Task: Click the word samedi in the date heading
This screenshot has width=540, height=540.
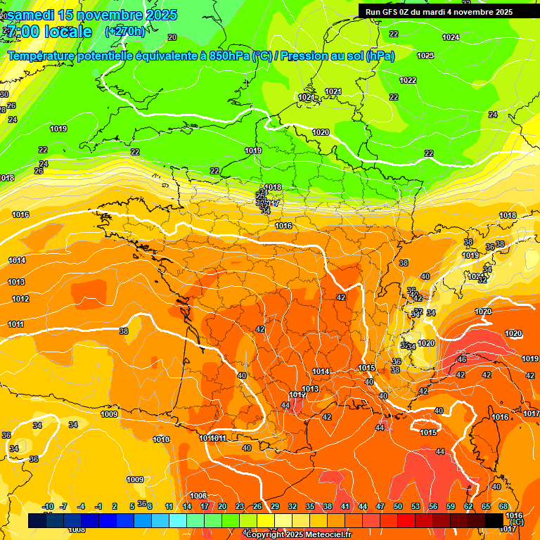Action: pyautogui.click(x=33, y=15)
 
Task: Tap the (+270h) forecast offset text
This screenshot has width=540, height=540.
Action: pyautogui.click(x=125, y=31)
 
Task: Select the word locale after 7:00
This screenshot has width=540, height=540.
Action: pyautogui.click(x=67, y=32)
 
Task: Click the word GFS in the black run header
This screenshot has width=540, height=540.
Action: pyautogui.click(x=392, y=12)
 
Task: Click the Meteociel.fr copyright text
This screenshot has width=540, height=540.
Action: pyautogui.click(x=298, y=535)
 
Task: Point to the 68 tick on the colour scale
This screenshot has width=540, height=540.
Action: pyautogui.click(x=503, y=506)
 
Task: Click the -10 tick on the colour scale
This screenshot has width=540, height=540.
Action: pyautogui.click(x=48, y=506)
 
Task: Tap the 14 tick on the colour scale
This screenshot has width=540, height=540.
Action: pyautogui.click(x=187, y=506)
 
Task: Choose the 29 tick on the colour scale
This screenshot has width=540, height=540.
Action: pyautogui.click(x=275, y=506)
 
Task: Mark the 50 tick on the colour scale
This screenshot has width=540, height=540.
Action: pyautogui.click(x=398, y=506)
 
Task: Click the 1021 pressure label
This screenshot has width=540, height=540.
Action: pyautogui.click(x=333, y=92)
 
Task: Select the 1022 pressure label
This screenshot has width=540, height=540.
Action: pyautogui.click(x=408, y=80)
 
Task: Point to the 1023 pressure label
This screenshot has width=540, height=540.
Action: pyautogui.click(x=425, y=56)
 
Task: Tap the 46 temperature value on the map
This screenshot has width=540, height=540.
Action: pyautogui.click(x=462, y=359)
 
